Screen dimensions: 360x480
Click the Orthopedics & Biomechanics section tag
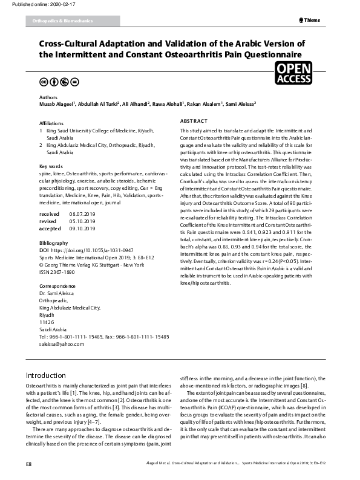click(x=59, y=21)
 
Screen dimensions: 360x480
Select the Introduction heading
click(x=45, y=375)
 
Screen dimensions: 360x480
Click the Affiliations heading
click(x=51, y=123)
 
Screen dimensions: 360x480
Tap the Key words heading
click(x=51, y=166)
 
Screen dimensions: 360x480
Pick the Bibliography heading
click(x=53, y=242)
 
